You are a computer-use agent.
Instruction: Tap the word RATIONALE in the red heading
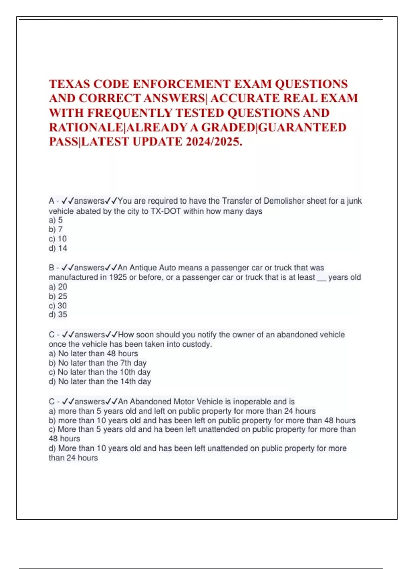click(x=86, y=128)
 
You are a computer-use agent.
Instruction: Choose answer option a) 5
click(x=56, y=220)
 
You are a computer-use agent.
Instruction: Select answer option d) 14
click(x=58, y=248)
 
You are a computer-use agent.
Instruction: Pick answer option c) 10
click(x=58, y=239)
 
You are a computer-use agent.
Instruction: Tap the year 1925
click(x=118, y=277)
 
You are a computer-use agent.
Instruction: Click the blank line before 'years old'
click(x=321, y=278)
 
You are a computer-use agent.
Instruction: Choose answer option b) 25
click(x=58, y=296)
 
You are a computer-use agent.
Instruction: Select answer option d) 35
click(x=58, y=315)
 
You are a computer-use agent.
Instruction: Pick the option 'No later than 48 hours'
click(x=93, y=353)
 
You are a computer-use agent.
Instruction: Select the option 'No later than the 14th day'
click(x=100, y=381)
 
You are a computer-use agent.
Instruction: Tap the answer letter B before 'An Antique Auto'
click(x=52, y=268)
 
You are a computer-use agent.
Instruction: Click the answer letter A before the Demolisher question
click(x=52, y=201)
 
